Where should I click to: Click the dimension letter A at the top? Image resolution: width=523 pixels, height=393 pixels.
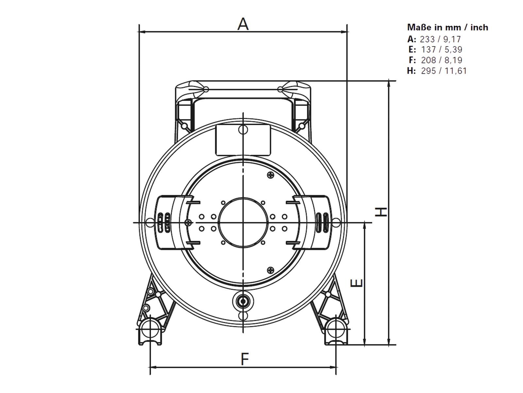(x=243, y=24)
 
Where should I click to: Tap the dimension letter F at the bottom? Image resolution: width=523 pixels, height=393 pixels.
(x=245, y=359)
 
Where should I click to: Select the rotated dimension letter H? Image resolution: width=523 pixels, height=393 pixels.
(x=381, y=212)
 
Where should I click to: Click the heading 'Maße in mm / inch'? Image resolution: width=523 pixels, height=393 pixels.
(x=447, y=27)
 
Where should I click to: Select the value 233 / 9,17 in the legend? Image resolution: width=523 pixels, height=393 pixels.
(x=440, y=39)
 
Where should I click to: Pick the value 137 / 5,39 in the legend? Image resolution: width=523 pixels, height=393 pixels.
(x=442, y=49)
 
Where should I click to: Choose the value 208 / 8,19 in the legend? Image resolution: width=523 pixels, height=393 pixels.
(x=442, y=60)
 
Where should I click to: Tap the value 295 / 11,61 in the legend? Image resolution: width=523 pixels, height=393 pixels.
(x=444, y=70)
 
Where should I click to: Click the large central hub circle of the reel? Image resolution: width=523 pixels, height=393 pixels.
(x=243, y=222)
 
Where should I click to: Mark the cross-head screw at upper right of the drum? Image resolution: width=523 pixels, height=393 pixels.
(x=270, y=175)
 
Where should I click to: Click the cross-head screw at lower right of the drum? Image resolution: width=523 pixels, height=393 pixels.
(x=271, y=270)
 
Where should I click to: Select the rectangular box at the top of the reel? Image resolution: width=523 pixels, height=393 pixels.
(x=243, y=140)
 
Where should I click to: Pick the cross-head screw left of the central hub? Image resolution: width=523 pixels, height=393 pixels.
(x=188, y=222)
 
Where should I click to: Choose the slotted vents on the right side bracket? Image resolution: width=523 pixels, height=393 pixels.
(x=322, y=223)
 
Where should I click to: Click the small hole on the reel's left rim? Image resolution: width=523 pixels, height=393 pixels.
(x=149, y=223)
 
